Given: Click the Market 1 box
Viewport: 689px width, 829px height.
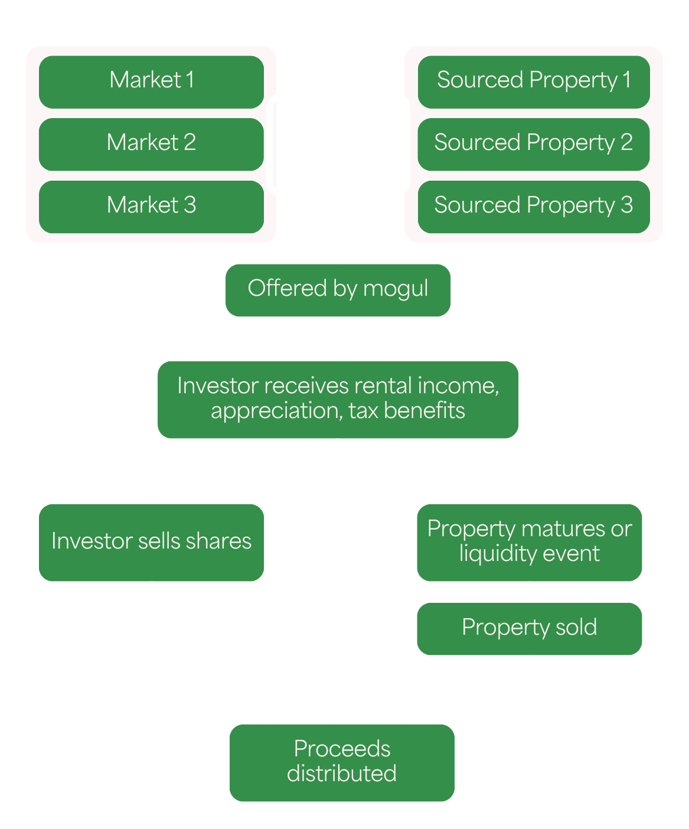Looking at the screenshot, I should [151, 81].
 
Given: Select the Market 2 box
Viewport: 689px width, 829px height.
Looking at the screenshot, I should [151, 144].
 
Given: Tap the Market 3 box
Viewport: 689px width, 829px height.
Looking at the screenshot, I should [151, 207].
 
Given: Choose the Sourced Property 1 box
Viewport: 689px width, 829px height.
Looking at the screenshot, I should [534, 81].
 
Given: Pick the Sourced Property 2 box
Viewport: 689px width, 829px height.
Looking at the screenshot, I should [534, 144].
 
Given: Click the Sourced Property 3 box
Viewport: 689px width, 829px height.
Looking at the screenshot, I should [534, 207].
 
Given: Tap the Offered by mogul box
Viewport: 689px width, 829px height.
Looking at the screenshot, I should [338, 290].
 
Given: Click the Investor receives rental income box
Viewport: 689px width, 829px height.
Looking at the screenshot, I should [338, 399].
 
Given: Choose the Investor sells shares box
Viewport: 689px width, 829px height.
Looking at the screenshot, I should [151, 542].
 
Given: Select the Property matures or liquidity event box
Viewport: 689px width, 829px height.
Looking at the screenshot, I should [529, 542].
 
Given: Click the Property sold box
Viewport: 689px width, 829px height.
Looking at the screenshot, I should [529, 628].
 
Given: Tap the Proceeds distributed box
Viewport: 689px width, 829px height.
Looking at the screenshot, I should [342, 762].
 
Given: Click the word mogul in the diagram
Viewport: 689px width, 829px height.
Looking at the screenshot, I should [396, 289].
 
